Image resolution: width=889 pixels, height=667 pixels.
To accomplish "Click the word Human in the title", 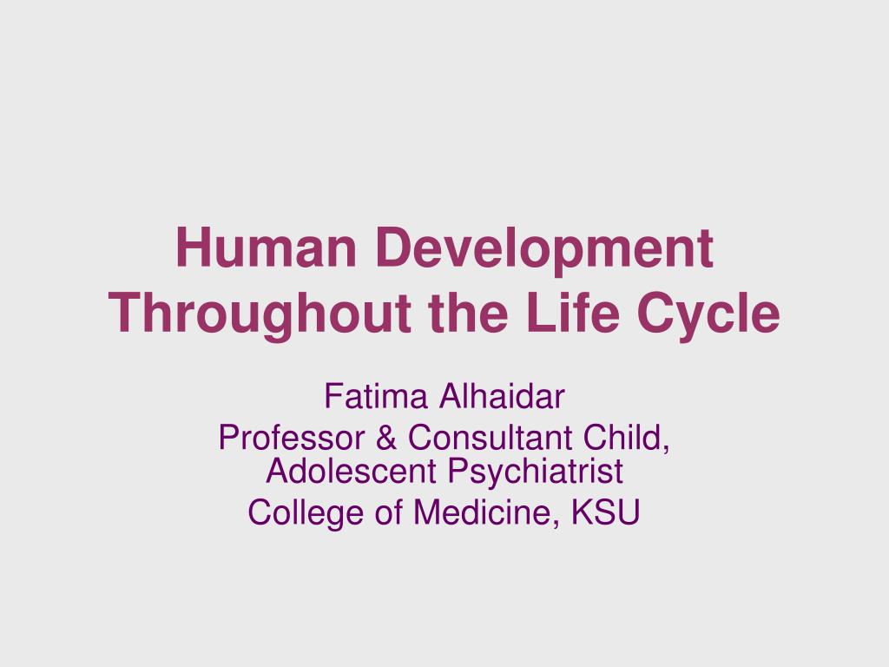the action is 266,248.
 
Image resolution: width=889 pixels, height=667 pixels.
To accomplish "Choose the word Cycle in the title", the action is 708,316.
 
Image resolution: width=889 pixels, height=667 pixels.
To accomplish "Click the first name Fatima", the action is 375,396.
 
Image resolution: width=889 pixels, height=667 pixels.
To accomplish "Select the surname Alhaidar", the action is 502,396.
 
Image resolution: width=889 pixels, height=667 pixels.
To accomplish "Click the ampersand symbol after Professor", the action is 385,438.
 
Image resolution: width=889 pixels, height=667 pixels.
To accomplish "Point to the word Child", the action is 627,439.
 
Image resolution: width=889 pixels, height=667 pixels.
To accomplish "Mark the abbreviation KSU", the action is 605,512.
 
